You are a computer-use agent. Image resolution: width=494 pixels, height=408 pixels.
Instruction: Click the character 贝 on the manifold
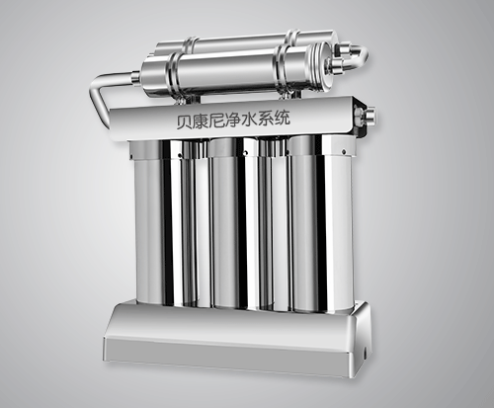point(184,122)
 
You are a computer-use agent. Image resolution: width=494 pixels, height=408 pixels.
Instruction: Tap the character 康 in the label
point(200,121)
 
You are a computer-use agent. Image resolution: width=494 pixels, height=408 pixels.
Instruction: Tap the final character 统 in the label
point(283,118)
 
